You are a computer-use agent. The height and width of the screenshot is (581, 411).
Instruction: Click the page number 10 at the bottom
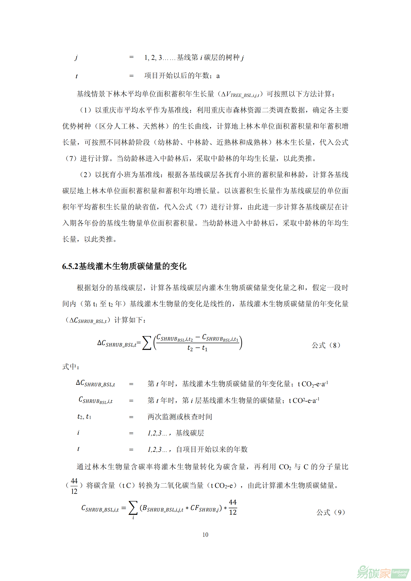pos(205,535)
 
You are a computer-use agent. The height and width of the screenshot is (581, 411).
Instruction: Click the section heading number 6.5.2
pos(70,266)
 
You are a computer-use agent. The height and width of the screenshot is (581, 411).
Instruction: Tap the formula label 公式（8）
pos(326,345)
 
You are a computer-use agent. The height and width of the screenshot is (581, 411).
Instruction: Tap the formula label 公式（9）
pos(331,512)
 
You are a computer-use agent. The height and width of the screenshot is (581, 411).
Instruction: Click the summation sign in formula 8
pos(147,343)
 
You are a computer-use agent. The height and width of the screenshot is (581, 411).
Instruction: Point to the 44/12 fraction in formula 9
pos(233,507)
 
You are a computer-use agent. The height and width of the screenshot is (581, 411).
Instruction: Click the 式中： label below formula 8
pos(71,367)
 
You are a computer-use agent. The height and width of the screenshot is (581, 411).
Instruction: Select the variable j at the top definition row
pos(76,58)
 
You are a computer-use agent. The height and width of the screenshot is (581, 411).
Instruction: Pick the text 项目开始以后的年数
pos(177,76)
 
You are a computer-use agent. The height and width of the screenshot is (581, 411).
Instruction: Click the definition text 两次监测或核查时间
pos(180,417)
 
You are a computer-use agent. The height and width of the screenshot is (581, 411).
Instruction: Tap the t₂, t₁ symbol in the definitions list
pos(84,417)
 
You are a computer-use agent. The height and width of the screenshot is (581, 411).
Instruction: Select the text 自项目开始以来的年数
pos(211,449)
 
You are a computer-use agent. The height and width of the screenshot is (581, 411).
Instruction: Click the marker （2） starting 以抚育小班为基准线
pos(85,175)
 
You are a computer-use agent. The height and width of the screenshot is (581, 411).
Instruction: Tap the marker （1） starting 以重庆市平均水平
pos(85,110)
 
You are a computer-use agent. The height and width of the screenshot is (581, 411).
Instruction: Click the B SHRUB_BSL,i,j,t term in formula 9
pos(163,508)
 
